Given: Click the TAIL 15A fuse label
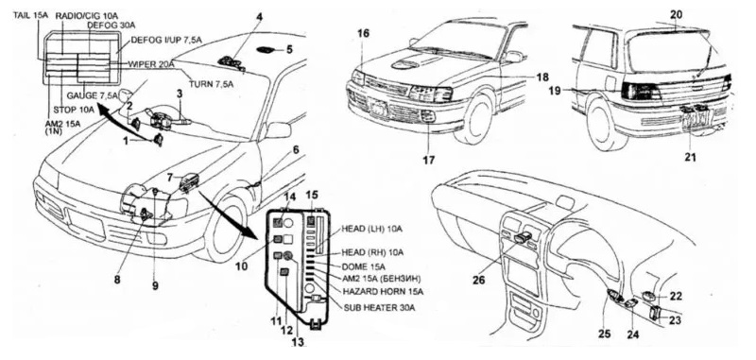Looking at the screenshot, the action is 32,16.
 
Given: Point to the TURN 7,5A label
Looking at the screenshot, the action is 211,84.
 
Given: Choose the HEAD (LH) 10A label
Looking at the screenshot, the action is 371,229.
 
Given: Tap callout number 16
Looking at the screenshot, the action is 364,33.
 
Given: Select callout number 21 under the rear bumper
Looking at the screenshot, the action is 691,157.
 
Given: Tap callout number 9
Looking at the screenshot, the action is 155,285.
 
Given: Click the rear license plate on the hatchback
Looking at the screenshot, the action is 693,120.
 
